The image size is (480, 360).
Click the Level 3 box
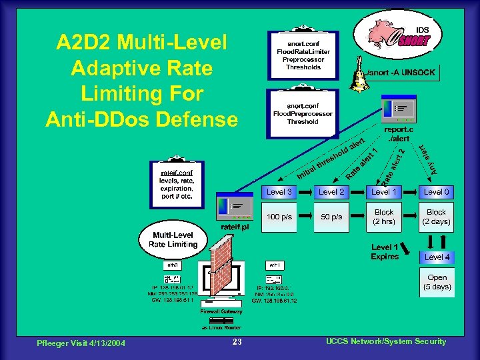[x=279, y=192]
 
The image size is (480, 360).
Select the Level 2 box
[x=331, y=192]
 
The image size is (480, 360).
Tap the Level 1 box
[x=383, y=192]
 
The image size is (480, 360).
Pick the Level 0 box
[x=437, y=192]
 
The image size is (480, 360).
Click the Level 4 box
[x=437, y=257]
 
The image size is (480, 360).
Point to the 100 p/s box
[x=279, y=217]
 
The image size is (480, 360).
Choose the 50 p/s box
[x=331, y=217]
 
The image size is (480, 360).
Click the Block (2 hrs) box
[x=383, y=217]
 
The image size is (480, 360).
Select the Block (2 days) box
[x=437, y=217]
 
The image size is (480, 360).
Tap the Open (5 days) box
[x=437, y=283]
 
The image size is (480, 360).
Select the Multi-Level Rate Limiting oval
[x=173, y=240]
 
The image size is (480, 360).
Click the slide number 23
[x=237, y=342]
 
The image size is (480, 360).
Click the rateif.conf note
[x=176, y=184]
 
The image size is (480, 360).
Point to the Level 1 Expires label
[x=385, y=252]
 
